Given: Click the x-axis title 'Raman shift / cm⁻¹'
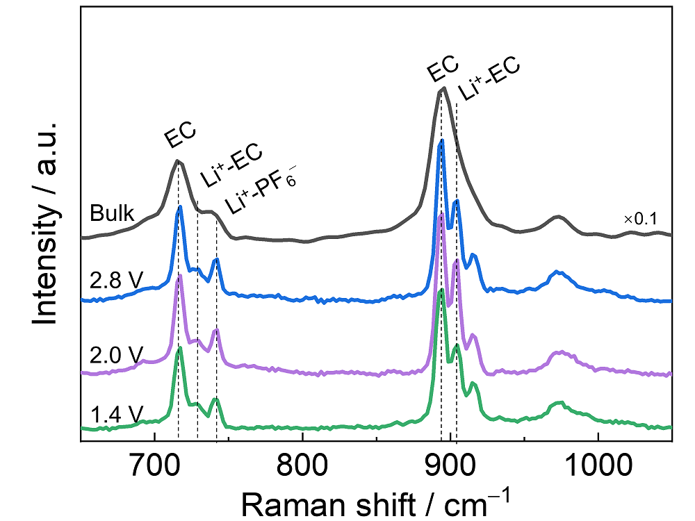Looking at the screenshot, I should pyautogui.click(x=376, y=499).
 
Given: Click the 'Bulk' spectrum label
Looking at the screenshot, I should pyautogui.click(x=111, y=214).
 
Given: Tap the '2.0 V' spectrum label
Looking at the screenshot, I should pyautogui.click(x=116, y=354).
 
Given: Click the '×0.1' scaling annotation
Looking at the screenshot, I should pyautogui.click(x=640, y=220).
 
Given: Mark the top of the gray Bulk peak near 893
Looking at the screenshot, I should pyautogui.click(x=443, y=89).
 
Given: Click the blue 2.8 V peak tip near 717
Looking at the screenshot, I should pyautogui.click(x=180, y=206).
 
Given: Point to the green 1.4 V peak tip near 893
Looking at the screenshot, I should pyautogui.click(x=441, y=290).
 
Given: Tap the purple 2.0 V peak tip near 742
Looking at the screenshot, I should pyautogui.click(x=216, y=329).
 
